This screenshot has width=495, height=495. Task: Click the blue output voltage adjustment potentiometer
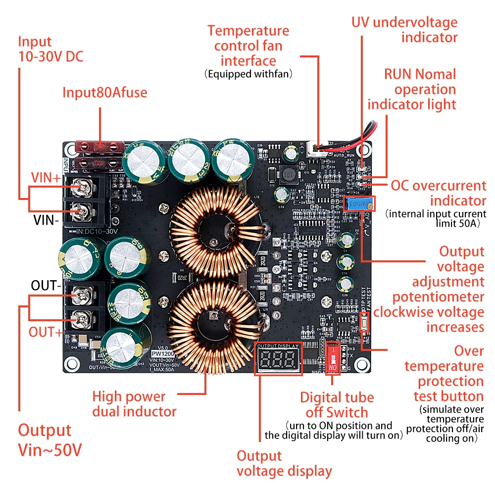click(x=359, y=203)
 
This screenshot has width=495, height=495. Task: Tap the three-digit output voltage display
click(x=277, y=358)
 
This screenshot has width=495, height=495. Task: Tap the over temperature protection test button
click(x=365, y=325)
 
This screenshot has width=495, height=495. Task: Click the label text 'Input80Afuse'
click(x=104, y=93)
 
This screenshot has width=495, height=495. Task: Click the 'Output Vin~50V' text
click(x=49, y=440)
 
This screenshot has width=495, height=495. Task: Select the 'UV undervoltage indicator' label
click(x=404, y=30)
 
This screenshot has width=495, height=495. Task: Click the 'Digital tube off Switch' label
click(x=337, y=404)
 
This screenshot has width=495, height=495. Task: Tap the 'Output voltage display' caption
click(x=284, y=463)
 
